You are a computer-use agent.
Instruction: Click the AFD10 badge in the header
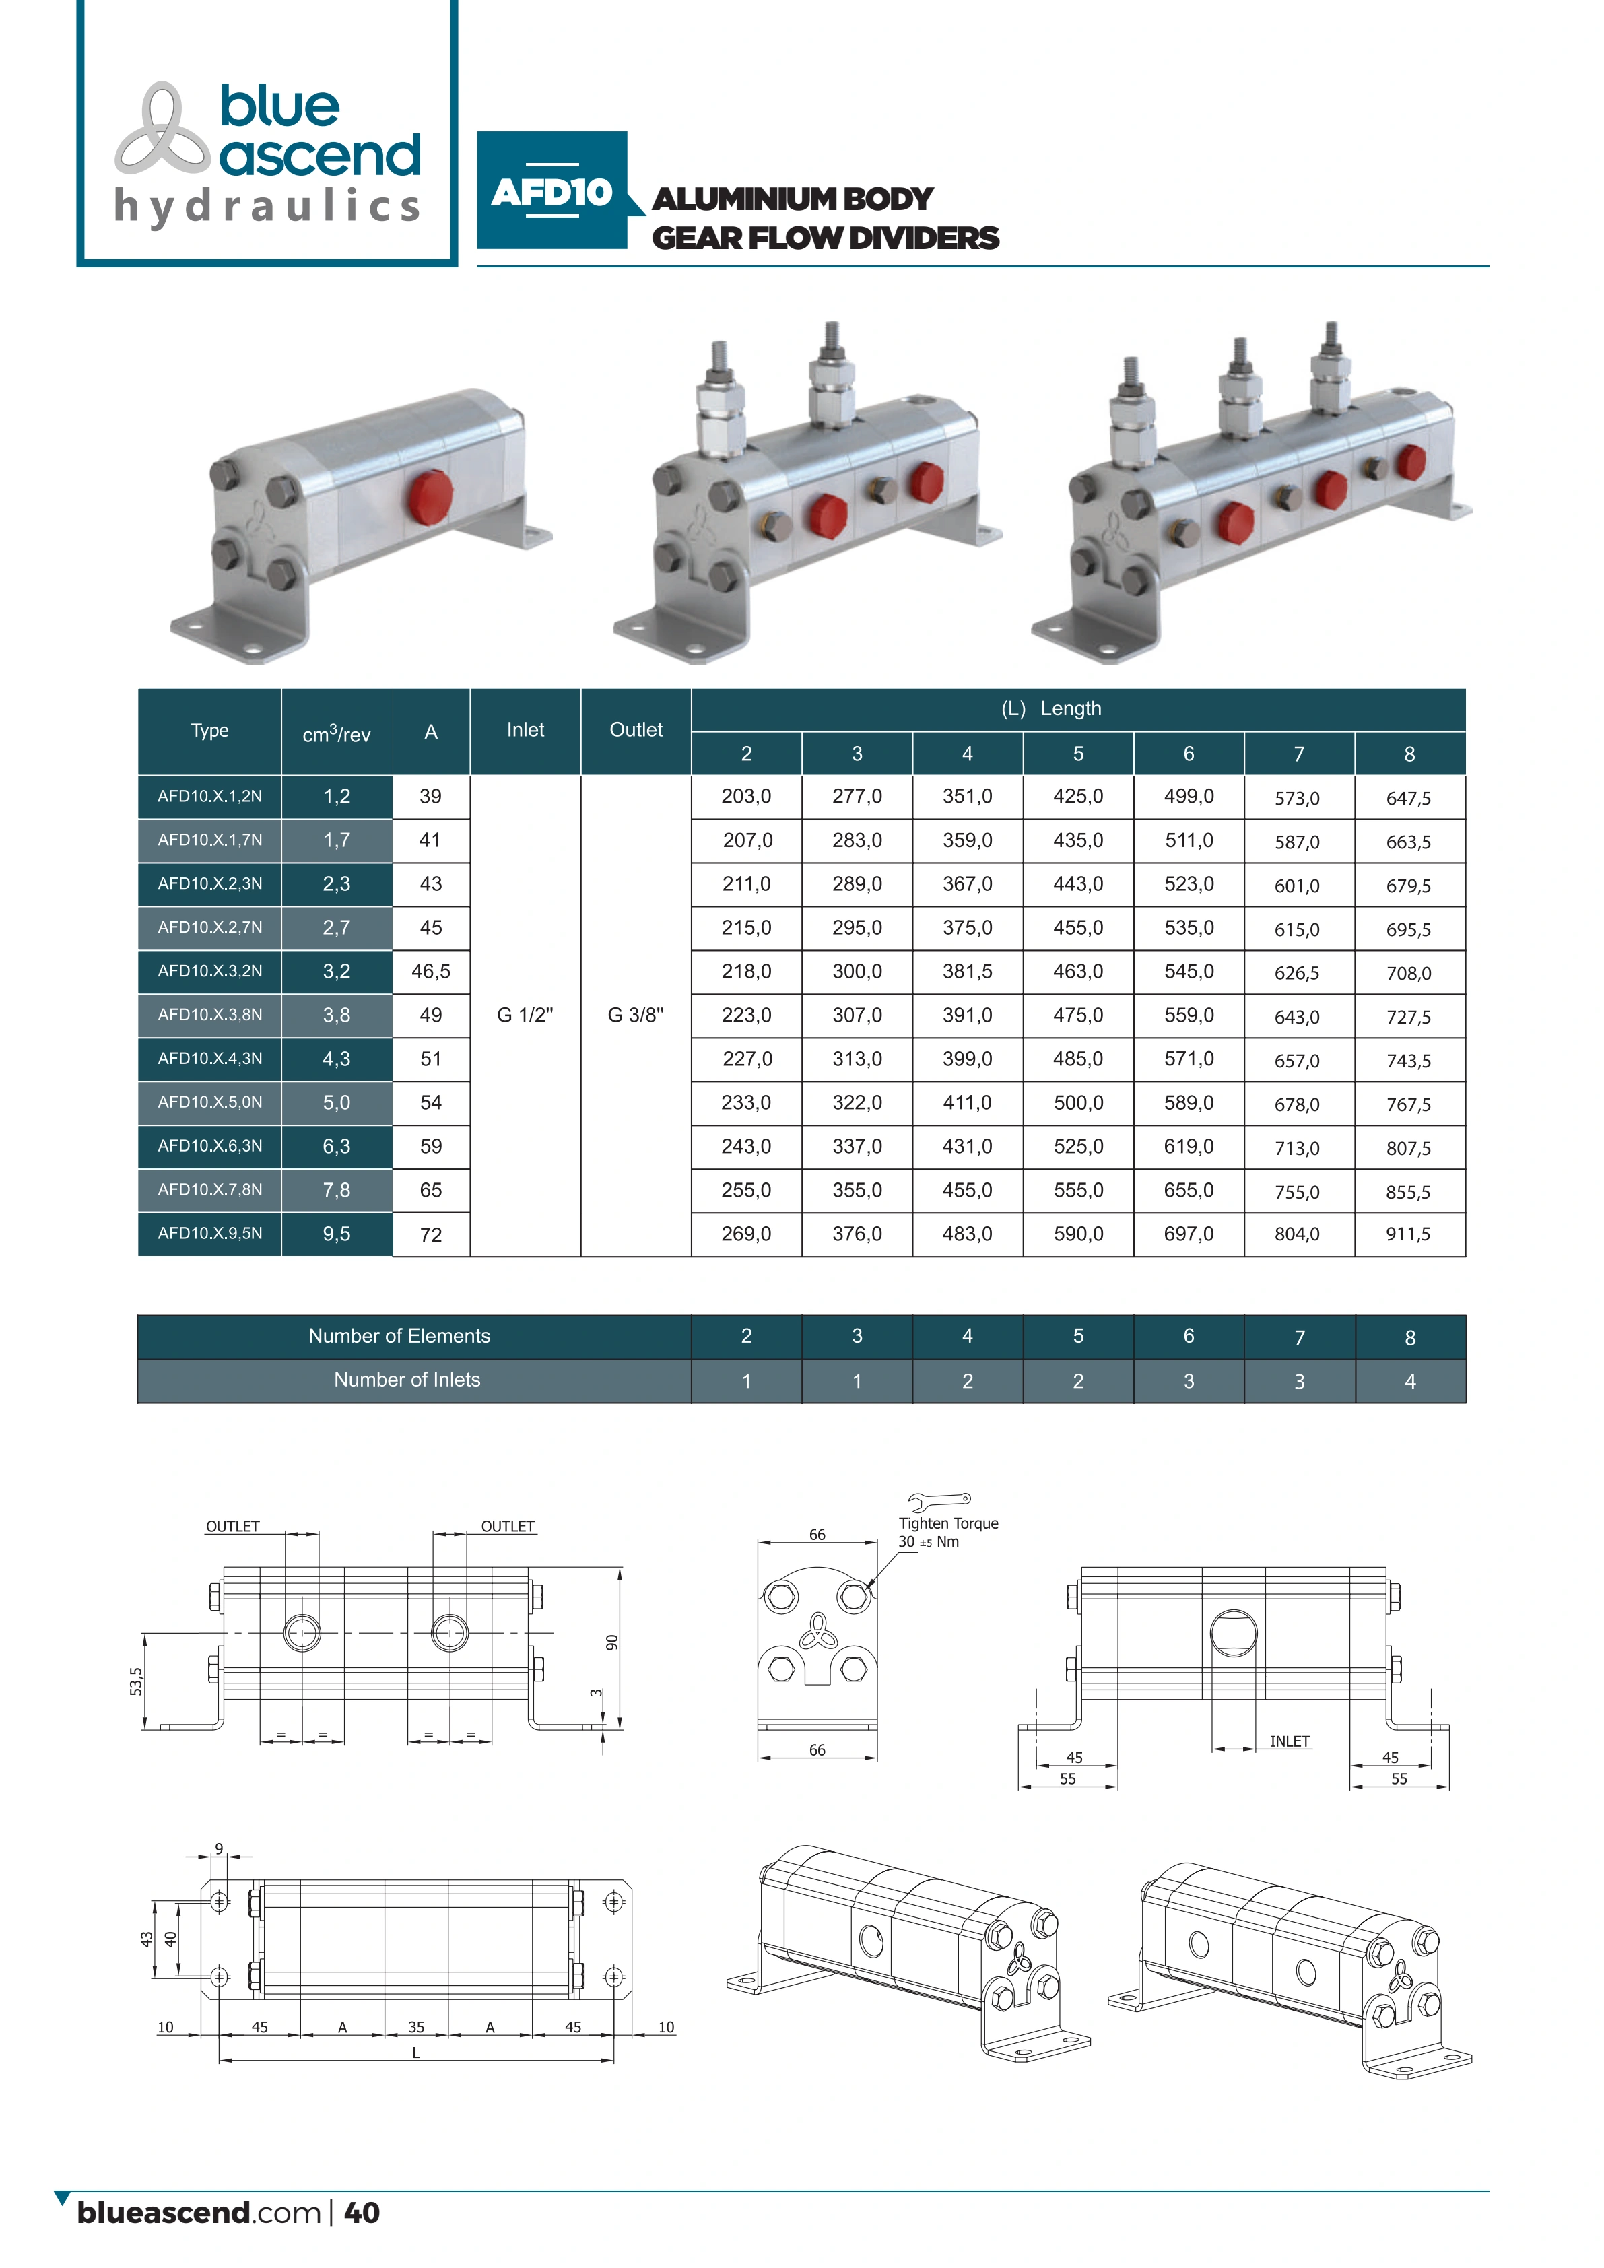click(552, 191)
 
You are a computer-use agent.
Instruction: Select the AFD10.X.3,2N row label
click(210, 971)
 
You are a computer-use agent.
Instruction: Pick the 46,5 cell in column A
click(431, 971)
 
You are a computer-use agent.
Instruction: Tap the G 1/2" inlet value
click(525, 1015)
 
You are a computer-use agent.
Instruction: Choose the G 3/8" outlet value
click(636, 1015)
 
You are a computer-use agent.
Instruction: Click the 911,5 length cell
click(1409, 1234)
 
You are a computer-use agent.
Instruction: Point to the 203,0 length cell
click(747, 796)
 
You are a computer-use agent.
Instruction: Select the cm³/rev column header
click(337, 733)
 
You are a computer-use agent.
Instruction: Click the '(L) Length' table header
click(1051, 709)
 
